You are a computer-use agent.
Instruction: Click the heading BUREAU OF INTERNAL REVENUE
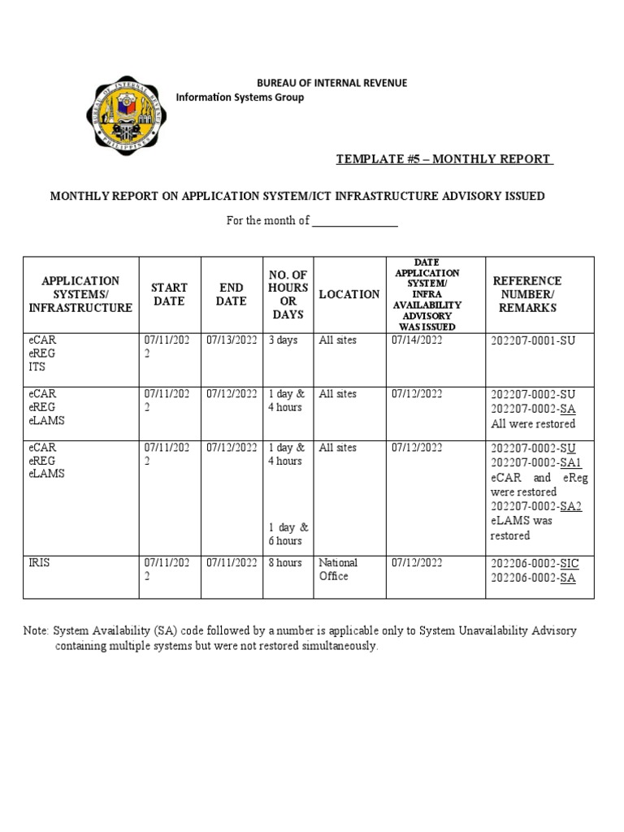coord(331,83)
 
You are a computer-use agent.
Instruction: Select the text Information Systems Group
coord(240,97)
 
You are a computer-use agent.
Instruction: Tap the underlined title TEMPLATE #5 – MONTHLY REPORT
coord(444,158)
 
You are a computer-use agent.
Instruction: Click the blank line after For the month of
coord(355,221)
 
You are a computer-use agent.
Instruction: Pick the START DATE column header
coord(169,294)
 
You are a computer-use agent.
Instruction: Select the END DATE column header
coord(231,294)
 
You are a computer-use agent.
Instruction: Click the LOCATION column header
coord(349,294)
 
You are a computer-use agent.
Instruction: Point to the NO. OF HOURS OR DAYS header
coord(288,294)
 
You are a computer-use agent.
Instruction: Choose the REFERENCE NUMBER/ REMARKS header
coord(526,294)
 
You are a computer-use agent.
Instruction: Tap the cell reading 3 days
coord(283,340)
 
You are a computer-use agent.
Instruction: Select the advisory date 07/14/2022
coord(416,340)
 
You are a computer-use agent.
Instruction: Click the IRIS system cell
coord(39,562)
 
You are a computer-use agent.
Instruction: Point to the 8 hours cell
coord(285,562)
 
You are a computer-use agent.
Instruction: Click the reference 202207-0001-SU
coord(532,340)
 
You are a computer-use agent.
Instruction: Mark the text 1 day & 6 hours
coord(286,534)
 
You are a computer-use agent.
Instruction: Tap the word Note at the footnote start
coord(36,630)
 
